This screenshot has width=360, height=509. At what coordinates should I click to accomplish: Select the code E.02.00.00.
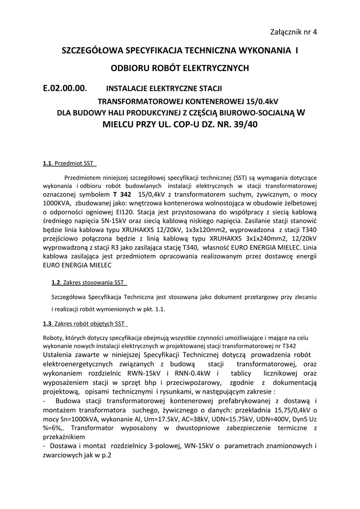pyautogui.click(x=65, y=89)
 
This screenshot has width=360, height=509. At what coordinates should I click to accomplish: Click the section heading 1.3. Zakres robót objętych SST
pyautogui.click(x=84, y=324)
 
